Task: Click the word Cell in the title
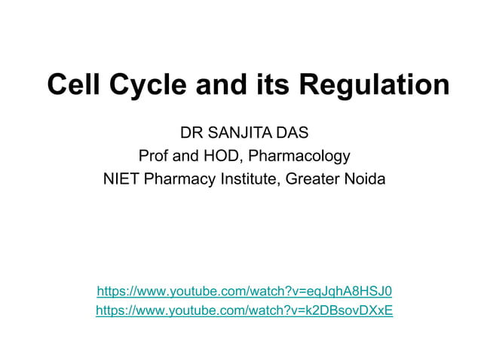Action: coord(75,84)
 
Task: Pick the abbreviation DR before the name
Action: coord(191,133)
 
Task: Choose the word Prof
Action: coord(155,157)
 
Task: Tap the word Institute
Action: coord(250,180)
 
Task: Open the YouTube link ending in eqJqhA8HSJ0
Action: coord(244,291)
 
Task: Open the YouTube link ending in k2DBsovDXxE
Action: coord(244,310)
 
